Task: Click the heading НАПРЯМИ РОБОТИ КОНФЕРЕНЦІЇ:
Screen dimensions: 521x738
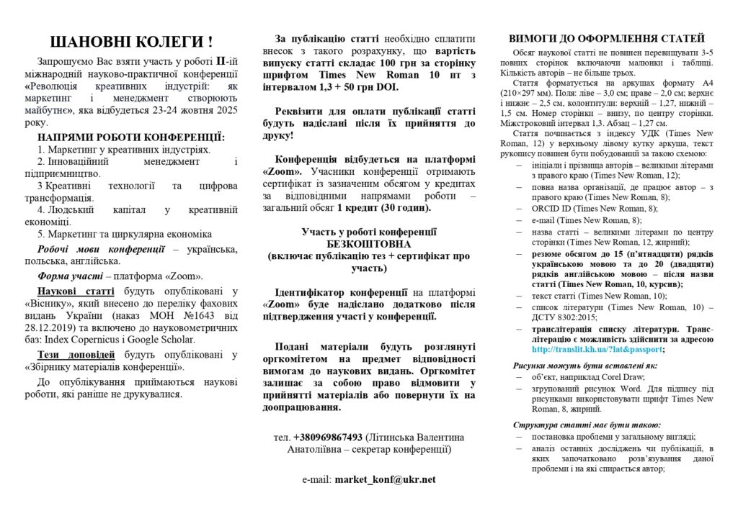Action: [132, 137]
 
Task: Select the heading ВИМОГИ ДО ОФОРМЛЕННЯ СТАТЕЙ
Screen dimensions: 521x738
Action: [607, 38]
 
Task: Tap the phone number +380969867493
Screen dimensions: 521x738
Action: [328, 437]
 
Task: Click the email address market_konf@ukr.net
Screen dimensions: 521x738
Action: [385, 479]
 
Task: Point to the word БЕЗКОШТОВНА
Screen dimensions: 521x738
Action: [368, 243]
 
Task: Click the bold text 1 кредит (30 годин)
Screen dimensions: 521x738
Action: [384, 208]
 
